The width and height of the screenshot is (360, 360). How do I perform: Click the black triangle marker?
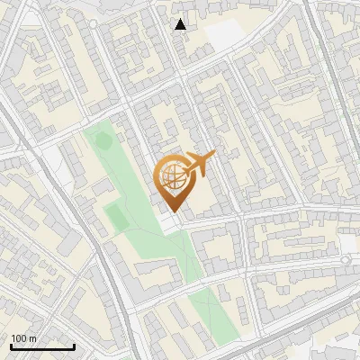pyautogui.click(x=181, y=24)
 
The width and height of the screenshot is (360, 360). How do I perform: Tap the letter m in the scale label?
pyautogui.click(x=33, y=338)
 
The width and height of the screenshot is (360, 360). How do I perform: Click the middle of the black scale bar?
pyautogui.click(x=42, y=346)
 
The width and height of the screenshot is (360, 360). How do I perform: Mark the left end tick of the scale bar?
pyautogui.click(x=11, y=345)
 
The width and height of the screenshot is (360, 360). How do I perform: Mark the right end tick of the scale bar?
pyautogui.click(x=74, y=345)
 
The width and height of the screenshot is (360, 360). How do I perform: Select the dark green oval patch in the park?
pyautogui.click(x=103, y=141)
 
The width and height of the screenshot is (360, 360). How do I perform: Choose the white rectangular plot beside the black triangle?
pyautogui.click(x=225, y=34)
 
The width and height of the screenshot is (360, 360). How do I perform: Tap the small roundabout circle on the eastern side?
pyautogui.click(x=345, y=261)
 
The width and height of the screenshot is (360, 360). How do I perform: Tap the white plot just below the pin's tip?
pyautogui.click(x=170, y=221)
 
